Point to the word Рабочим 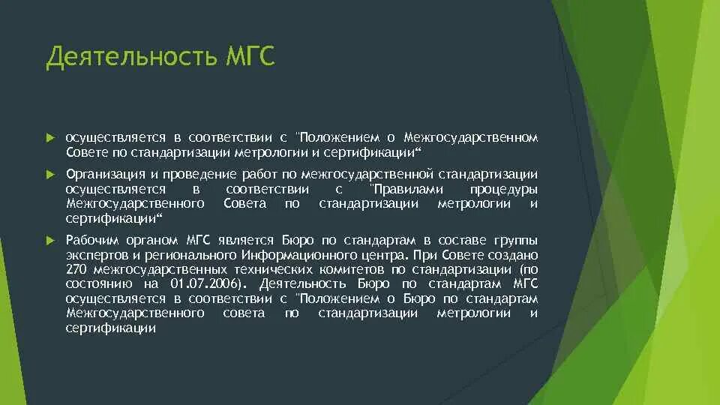[x=89, y=240]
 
